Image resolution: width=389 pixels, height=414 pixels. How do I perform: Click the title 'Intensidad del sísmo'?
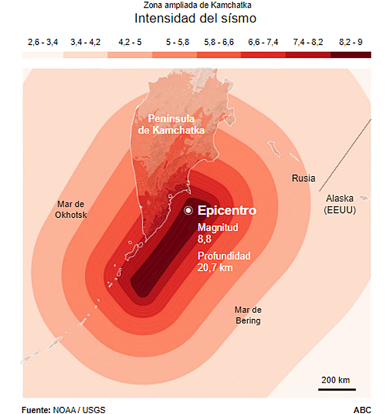[195, 19]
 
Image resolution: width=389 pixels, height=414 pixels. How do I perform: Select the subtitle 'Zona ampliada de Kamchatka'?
[194, 6]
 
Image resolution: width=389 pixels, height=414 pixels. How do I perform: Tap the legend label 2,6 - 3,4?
[42, 42]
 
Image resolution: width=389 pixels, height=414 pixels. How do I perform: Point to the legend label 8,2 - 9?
[351, 42]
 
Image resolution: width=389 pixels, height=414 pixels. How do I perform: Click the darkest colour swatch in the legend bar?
[351, 54]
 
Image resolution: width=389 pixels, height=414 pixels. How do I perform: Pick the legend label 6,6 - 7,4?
[263, 42]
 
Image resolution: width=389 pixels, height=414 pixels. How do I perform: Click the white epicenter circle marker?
[188, 210]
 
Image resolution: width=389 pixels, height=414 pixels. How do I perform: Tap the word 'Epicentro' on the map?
[227, 210]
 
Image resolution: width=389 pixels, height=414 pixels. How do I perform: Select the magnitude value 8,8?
[205, 238]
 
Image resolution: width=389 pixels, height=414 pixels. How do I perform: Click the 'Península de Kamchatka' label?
[171, 124]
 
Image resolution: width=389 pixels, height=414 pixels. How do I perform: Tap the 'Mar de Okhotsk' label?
[71, 209]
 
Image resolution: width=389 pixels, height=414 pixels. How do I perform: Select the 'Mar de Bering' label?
[248, 315]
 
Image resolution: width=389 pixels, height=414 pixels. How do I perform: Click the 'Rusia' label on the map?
[304, 179]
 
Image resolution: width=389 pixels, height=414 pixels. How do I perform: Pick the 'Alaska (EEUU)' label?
[340, 204]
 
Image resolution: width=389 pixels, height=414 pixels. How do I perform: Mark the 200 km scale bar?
[336, 389]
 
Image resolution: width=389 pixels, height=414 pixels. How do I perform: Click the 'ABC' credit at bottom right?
[362, 409]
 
